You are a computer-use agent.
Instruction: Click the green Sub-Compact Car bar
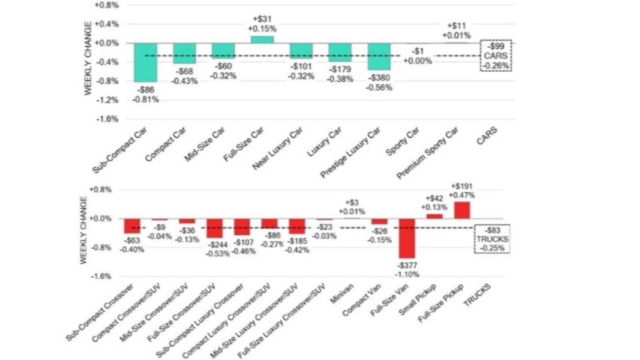(x=146, y=63)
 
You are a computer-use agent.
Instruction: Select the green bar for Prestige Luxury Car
(x=379, y=56)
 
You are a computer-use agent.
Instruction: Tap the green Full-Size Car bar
(x=262, y=39)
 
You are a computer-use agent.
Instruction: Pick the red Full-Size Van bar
(x=407, y=238)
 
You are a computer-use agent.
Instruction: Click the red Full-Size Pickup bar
(x=462, y=210)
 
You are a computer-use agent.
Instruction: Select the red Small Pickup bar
(x=434, y=216)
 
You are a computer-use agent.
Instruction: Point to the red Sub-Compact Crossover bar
(x=132, y=226)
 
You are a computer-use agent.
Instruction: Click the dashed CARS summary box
(x=496, y=56)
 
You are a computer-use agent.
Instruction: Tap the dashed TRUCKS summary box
(x=492, y=239)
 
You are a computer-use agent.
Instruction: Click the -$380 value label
(x=379, y=78)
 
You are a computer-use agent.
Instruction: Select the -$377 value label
(x=407, y=266)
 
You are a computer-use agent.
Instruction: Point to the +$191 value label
(x=462, y=186)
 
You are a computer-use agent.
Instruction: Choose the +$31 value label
(x=262, y=19)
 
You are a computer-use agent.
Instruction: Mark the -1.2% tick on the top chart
(x=107, y=100)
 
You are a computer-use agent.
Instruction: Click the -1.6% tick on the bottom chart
(x=101, y=276)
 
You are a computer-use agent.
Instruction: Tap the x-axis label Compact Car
(x=166, y=144)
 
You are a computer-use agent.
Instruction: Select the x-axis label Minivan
(x=342, y=294)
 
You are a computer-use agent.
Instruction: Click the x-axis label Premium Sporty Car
(x=427, y=153)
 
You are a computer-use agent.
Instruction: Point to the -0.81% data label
(x=146, y=100)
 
